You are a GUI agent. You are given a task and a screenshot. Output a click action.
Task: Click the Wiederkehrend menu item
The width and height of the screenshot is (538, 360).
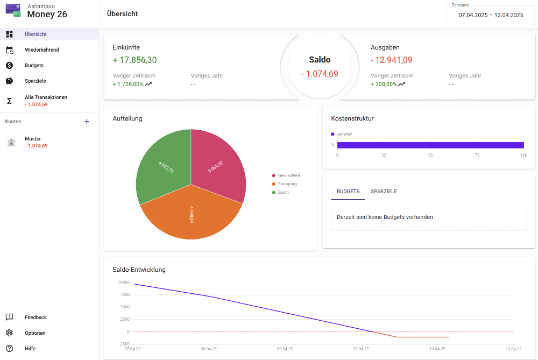pyautogui.click(x=41, y=50)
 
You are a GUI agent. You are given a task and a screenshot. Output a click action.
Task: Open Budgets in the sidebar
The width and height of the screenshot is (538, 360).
pyautogui.click(x=34, y=66)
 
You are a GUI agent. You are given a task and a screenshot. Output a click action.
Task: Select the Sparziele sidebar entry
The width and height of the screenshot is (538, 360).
pyautogui.click(x=36, y=81)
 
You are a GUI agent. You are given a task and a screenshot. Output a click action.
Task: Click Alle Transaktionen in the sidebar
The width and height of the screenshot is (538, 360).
pyautogui.click(x=46, y=98)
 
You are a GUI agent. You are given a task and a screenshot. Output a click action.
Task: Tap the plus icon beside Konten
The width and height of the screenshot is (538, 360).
pyautogui.click(x=87, y=122)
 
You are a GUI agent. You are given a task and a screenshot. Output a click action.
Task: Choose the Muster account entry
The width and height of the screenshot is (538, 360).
pyautogui.click(x=33, y=139)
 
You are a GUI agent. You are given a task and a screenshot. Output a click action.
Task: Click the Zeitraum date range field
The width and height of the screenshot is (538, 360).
pyautogui.click(x=491, y=15)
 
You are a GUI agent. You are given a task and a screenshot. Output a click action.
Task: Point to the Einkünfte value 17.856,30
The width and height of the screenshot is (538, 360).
pyautogui.click(x=134, y=60)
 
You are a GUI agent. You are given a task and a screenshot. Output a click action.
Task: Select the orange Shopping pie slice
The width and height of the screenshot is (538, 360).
pyautogui.click(x=191, y=215)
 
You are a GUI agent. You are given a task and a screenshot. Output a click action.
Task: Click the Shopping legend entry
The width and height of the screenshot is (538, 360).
pyautogui.click(x=287, y=184)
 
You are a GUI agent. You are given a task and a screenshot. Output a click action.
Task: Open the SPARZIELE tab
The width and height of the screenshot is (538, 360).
pyautogui.click(x=384, y=192)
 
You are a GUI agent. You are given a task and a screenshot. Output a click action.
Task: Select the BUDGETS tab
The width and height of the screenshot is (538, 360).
pyautogui.click(x=348, y=192)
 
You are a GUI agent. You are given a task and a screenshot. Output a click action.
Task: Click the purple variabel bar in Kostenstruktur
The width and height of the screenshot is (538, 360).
pyautogui.click(x=430, y=145)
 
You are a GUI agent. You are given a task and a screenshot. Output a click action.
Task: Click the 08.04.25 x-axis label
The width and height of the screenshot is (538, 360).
pyautogui.click(x=208, y=349)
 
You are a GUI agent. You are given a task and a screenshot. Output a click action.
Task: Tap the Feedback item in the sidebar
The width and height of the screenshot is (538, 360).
pyautogui.click(x=36, y=317)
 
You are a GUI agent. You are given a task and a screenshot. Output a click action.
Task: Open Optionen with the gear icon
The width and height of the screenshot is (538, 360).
pyautogui.click(x=9, y=333)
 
